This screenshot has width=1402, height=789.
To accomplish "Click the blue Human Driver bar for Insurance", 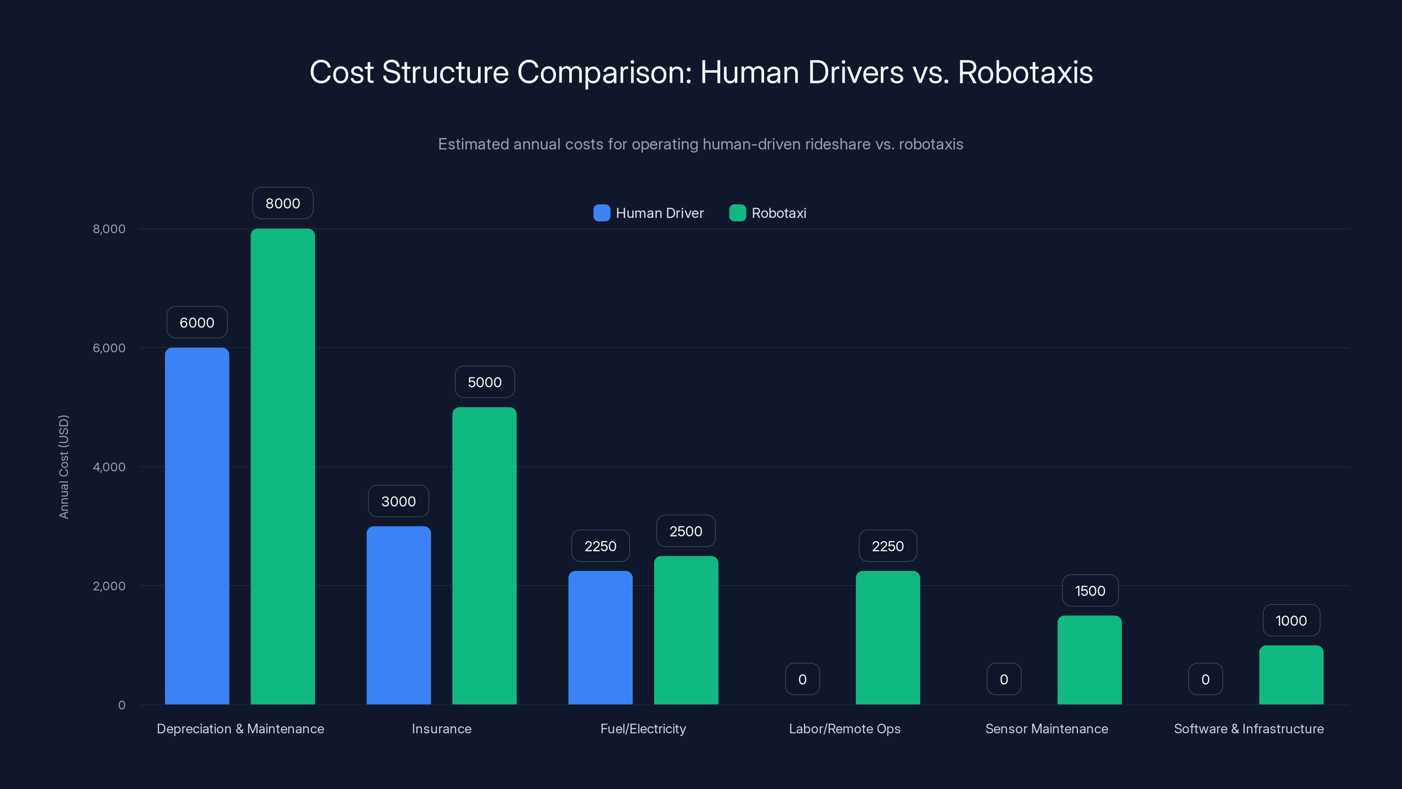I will point(398,615).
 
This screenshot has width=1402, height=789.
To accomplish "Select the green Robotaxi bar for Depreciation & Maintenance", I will point(283,467).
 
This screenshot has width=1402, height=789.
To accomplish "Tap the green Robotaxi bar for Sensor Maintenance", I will point(1090,660).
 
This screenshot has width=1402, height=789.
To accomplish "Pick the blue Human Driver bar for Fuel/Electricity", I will point(600,638).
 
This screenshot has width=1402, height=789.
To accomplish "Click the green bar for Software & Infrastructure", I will point(1291,675).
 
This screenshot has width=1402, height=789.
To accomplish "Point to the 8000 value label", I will point(283,203).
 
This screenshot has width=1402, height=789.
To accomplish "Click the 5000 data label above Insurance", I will point(485,382).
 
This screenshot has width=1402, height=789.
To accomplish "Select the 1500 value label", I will point(1090,591).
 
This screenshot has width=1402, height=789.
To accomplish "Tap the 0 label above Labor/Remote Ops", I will point(802,679).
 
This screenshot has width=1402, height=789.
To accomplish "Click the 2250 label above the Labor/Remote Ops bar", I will point(888,546).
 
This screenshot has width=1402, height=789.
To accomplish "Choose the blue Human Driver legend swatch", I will point(602,213).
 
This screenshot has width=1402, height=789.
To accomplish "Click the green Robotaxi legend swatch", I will point(737,213).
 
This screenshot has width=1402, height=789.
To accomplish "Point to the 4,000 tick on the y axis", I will point(109,467).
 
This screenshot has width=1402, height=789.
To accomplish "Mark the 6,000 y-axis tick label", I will point(109,348).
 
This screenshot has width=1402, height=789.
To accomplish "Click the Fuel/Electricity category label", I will point(643,729).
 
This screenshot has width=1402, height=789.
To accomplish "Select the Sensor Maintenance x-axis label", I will point(1047,729).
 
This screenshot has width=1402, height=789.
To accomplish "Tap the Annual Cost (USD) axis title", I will point(64,467).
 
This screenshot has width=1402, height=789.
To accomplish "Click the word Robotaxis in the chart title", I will point(1025,72).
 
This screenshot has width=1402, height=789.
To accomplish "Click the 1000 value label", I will point(1291,621).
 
